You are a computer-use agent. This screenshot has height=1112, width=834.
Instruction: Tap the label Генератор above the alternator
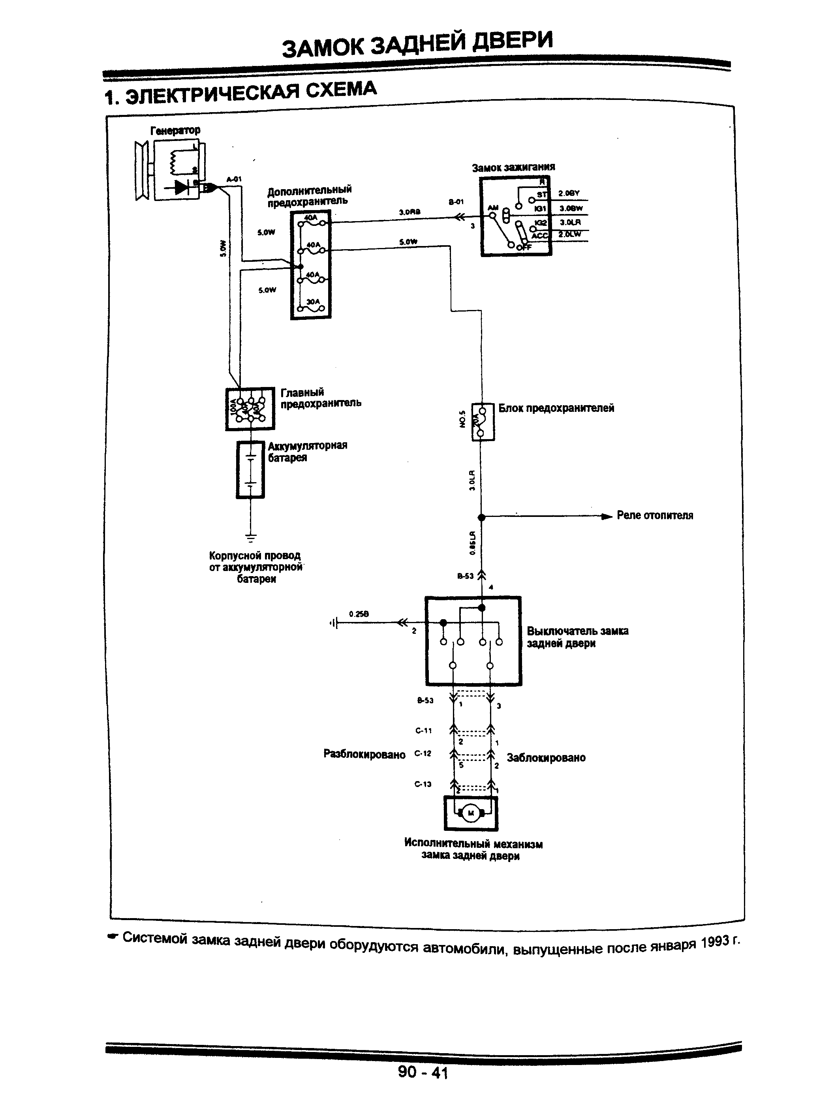175,130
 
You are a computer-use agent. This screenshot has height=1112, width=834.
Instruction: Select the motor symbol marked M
471,813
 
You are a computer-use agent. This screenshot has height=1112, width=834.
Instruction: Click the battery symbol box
250,470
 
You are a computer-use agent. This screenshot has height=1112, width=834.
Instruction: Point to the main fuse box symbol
250,409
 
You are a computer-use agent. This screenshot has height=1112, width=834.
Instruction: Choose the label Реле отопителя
655,515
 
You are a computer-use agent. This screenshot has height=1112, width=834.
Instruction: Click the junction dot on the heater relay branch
481,517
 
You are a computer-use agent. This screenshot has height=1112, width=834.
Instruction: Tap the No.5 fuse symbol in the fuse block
482,422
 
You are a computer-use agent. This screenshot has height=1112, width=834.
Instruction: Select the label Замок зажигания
513,167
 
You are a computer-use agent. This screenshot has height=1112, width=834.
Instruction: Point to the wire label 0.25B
359,614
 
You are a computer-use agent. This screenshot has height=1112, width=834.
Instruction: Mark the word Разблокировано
364,755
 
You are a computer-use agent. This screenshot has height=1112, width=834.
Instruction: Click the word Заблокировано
546,757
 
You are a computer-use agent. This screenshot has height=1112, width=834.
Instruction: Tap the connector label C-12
423,753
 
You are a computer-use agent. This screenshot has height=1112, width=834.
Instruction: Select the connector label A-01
234,179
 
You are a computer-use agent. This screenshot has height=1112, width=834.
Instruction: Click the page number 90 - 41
422,1072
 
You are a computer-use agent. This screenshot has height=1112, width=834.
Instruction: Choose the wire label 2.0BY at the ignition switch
569,193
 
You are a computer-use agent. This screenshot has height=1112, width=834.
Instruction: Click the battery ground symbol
250,537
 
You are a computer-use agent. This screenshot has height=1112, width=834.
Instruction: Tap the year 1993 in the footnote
714,943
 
